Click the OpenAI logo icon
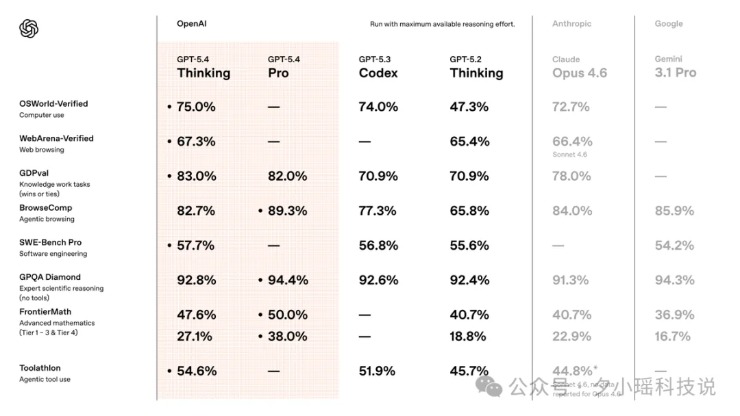tap(29, 29)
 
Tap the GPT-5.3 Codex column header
tap(378, 67)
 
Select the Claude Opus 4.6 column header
tap(580, 67)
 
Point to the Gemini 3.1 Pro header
tap(676, 67)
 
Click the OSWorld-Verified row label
tap(53, 104)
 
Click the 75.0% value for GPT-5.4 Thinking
tap(196, 107)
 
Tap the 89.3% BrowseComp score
tap(287, 211)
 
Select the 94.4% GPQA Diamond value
tap(287, 280)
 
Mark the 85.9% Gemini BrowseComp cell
tap(674, 211)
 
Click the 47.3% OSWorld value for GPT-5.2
tap(469, 107)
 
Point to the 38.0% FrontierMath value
tap(287, 336)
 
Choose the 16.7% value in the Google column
tap(673, 336)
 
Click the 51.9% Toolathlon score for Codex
tap(377, 371)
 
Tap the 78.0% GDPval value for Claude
tap(571, 176)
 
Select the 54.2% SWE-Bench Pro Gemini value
tap(674, 245)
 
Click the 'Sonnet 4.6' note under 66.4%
tap(569, 155)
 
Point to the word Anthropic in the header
tap(571, 24)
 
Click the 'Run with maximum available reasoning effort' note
tap(442, 24)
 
